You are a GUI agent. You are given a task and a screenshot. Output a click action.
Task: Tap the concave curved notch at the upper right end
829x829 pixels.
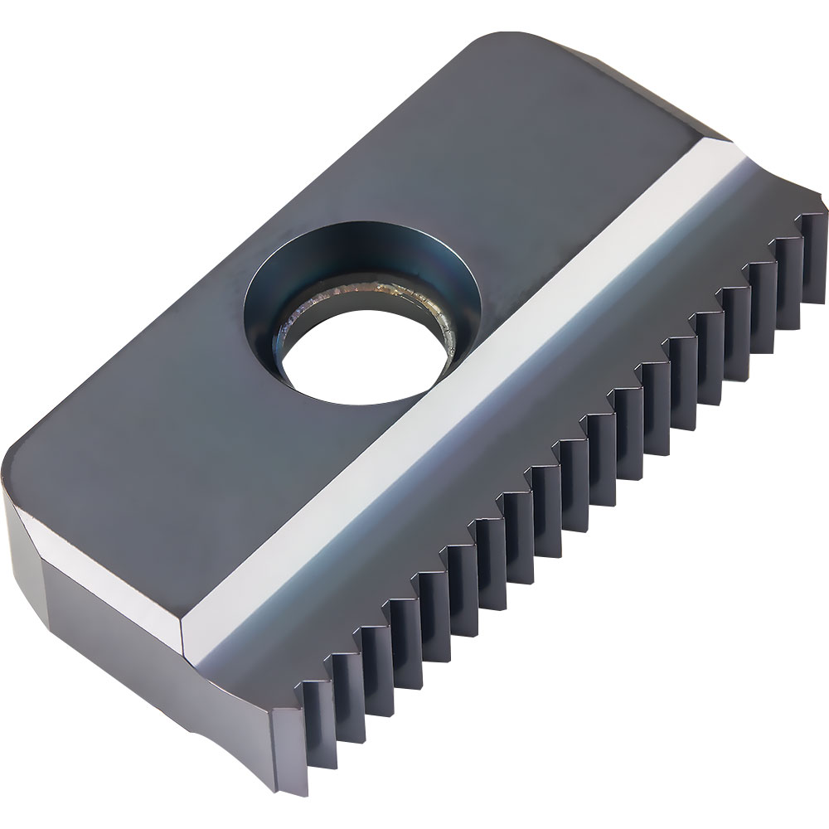(779, 187)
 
